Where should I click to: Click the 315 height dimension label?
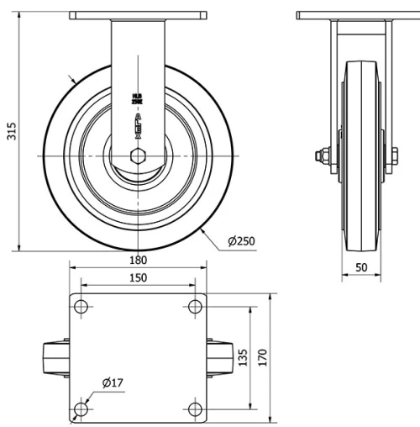pyautogui.click(x=12, y=131)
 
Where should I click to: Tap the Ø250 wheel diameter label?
pyautogui.click(x=241, y=241)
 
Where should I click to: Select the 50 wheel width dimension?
pyautogui.click(x=361, y=266)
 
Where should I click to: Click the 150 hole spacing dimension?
pyautogui.click(x=138, y=278)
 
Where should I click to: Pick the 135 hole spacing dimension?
pyautogui.click(x=243, y=358)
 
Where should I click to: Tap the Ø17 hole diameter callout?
pyautogui.click(x=113, y=383)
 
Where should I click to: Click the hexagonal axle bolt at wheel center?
pyautogui.click(x=138, y=156)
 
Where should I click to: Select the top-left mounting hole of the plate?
pyautogui.click(x=81, y=307)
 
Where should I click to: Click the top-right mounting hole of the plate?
pyautogui.click(x=196, y=307)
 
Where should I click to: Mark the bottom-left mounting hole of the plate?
pyautogui.click(x=81, y=409)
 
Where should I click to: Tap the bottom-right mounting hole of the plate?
pyautogui.click(x=196, y=409)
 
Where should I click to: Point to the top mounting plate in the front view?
pyautogui.click(x=138, y=16)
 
